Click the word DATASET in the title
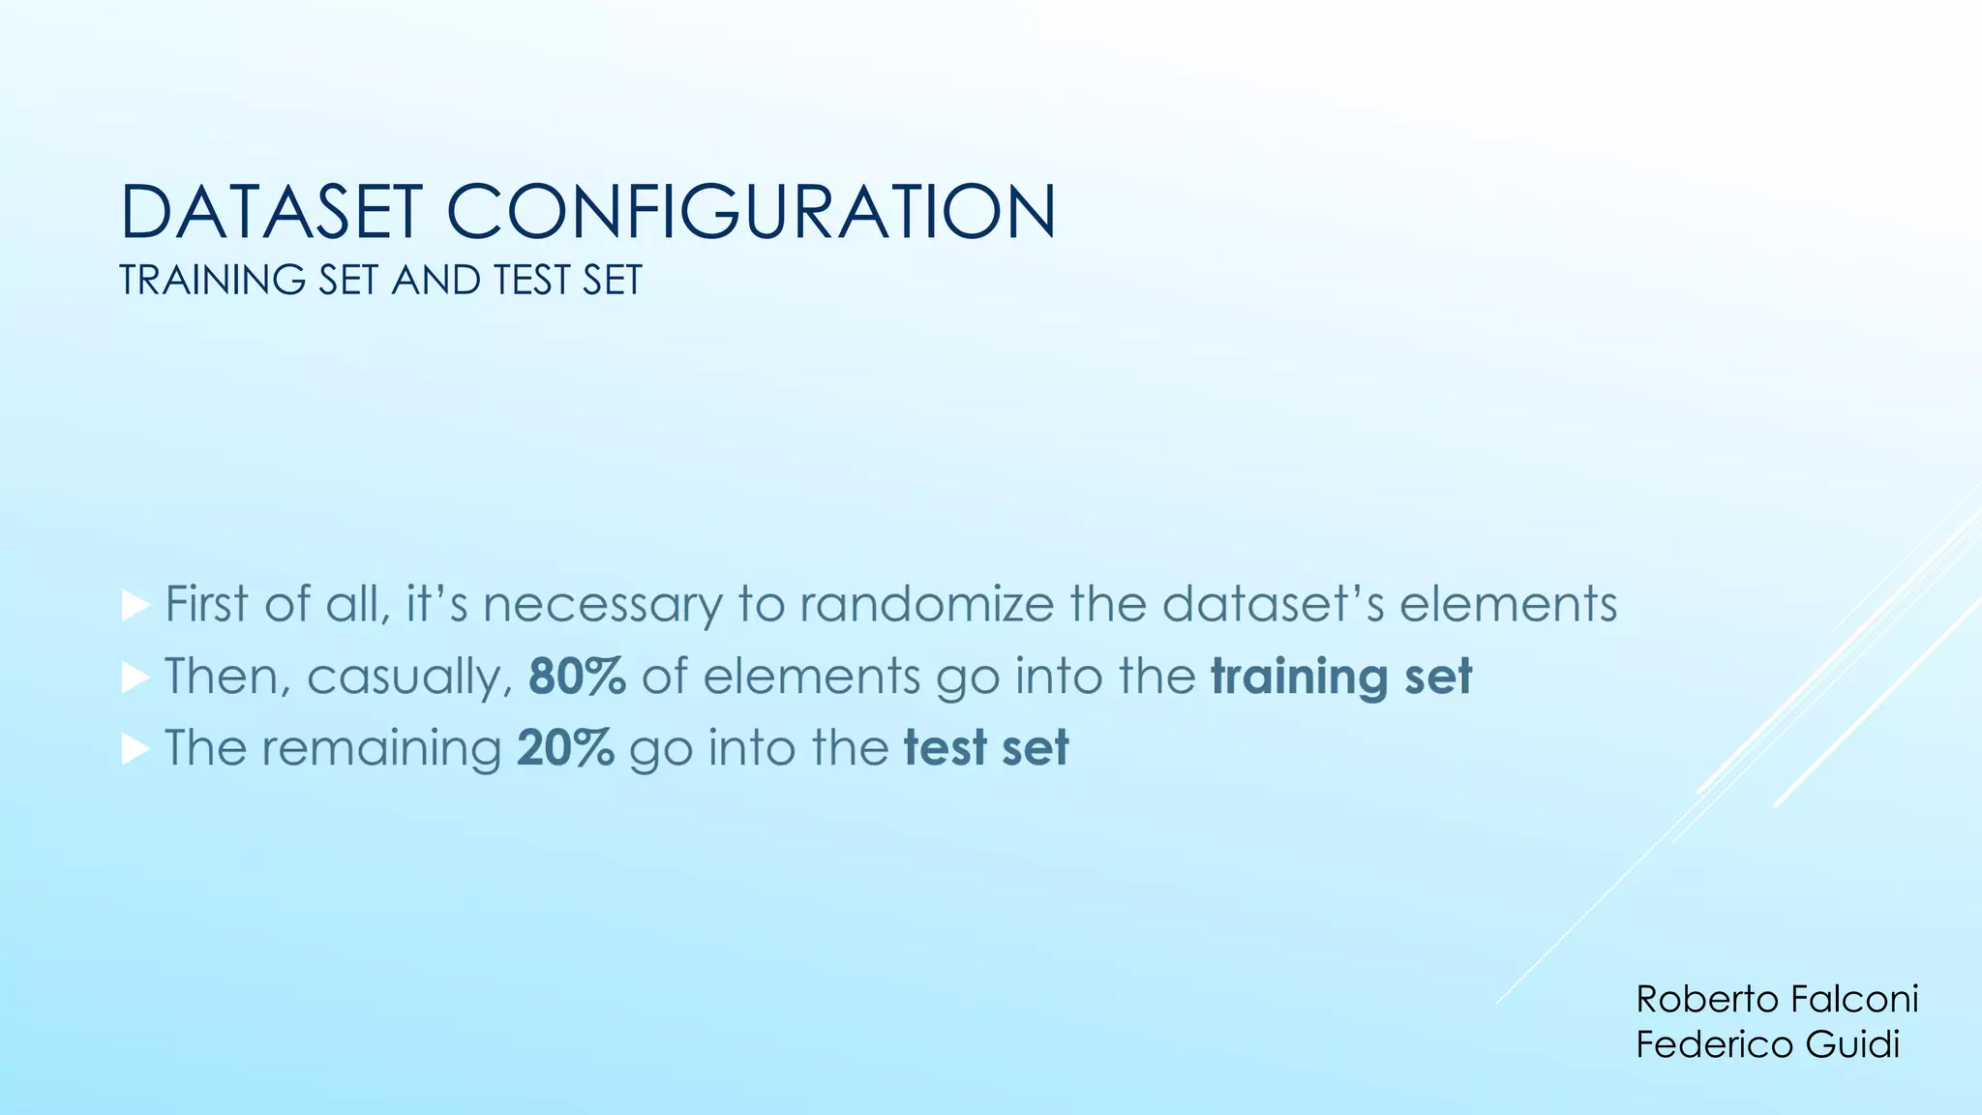click(271, 212)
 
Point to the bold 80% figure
click(577, 676)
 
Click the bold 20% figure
click(565, 747)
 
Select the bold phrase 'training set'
click(1341, 676)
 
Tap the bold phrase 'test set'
click(986, 747)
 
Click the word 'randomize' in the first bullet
click(926, 604)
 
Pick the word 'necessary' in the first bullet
click(602, 606)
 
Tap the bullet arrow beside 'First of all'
click(135, 606)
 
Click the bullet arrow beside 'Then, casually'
click(135, 678)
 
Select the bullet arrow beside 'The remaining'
click(135, 749)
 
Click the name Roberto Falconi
click(1777, 999)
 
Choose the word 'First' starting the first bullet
click(207, 604)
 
